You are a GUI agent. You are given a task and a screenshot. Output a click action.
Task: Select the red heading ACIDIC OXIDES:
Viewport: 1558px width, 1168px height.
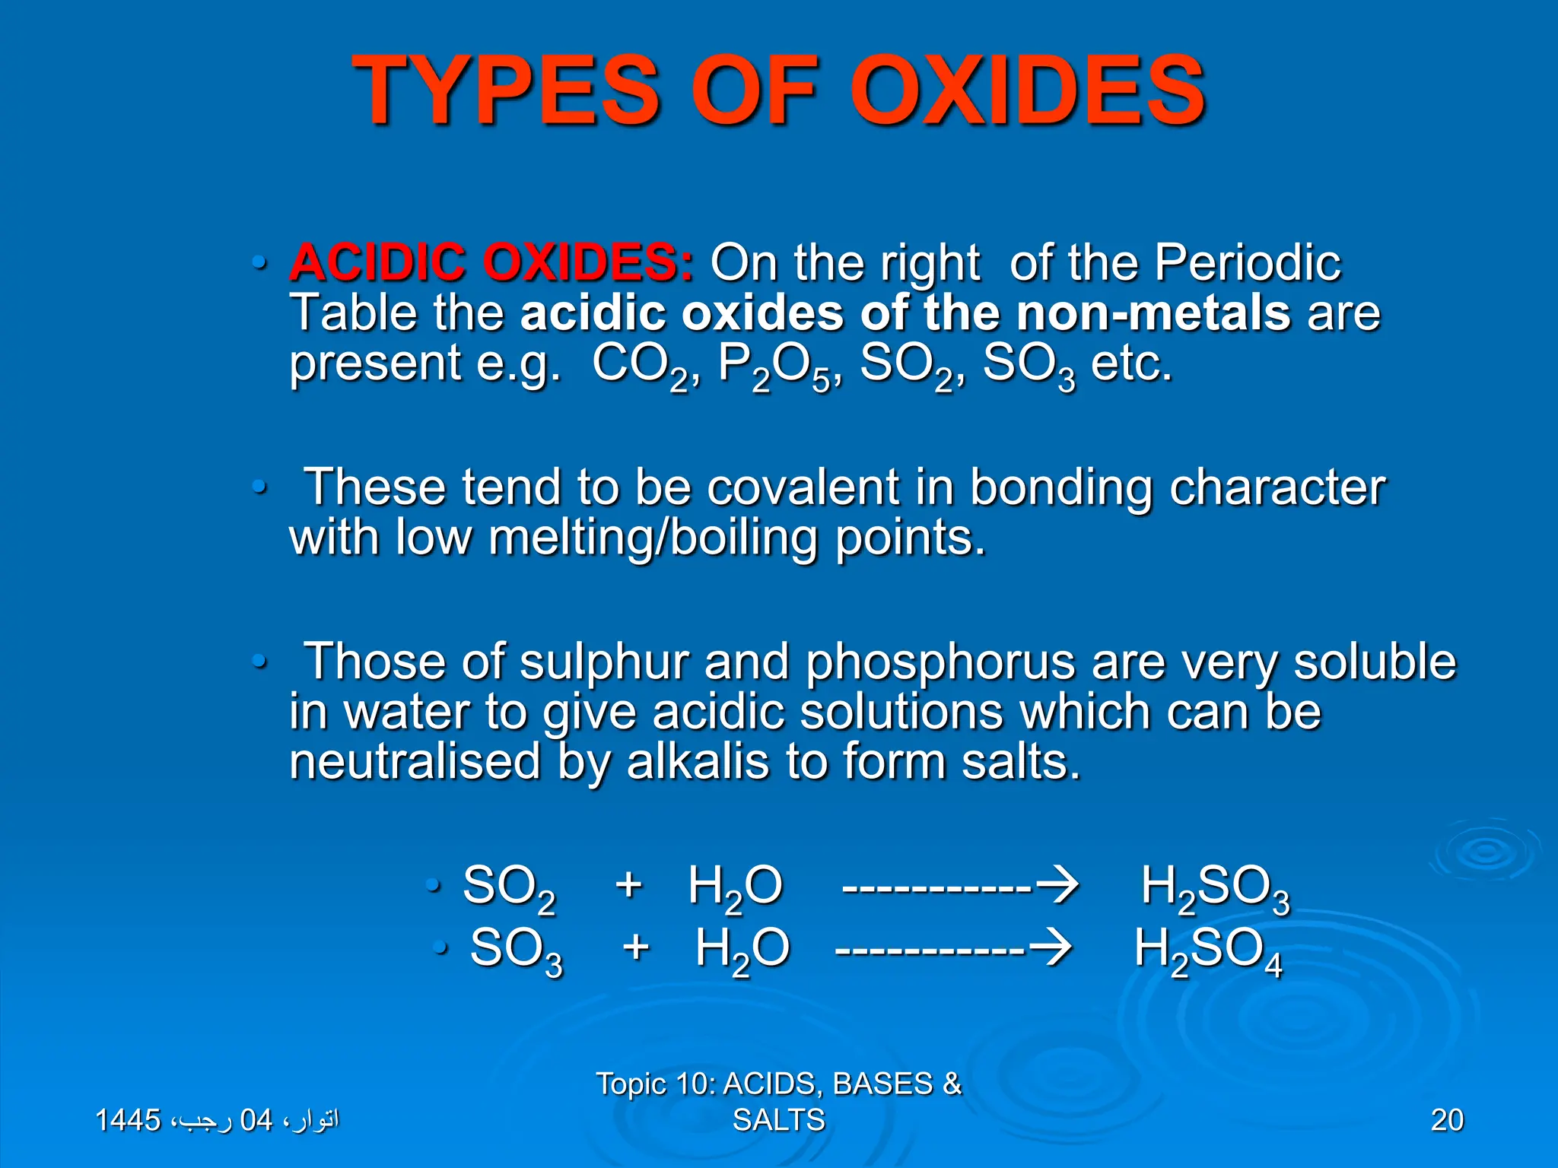point(491,263)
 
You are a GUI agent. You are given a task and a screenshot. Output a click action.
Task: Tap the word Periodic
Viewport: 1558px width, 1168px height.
point(1248,263)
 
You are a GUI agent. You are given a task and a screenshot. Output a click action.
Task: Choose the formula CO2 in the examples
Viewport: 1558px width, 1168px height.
point(639,365)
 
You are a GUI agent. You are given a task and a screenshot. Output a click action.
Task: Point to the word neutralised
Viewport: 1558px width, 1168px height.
point(415,762)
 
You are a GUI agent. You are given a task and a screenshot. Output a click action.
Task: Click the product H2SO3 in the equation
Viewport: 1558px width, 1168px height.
point(1215,888)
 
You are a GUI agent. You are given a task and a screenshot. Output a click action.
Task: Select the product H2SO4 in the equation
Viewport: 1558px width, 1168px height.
point(1208,951)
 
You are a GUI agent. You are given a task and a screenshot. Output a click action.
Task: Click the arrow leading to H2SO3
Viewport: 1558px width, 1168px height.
point(960,887)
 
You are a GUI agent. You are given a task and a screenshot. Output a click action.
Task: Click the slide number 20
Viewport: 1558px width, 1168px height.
point(1446,1120)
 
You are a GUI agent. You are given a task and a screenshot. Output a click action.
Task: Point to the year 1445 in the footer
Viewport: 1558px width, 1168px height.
point(128,1120)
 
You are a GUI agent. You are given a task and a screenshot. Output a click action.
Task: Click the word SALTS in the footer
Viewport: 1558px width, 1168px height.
point(778,1120)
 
